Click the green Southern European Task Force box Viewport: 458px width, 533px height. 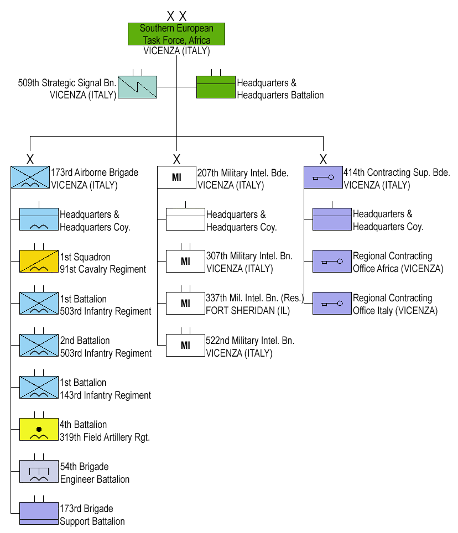[x=176, y=34]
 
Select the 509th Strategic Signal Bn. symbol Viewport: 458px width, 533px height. [x=137, y=87]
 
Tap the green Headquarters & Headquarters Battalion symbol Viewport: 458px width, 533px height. [x=216, y=87]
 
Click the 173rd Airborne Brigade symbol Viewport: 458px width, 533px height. [x=30, y=177]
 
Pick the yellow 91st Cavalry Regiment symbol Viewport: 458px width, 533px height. [x=39, y=262]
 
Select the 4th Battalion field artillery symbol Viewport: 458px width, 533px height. [x=39, y=430]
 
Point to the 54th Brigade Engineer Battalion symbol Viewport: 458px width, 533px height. [x=39, y=472]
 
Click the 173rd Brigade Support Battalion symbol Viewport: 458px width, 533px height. [x=39, y=513]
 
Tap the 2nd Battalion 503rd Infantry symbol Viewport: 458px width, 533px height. [x=39, y=346]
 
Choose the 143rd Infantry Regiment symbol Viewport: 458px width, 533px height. [x=39, y=387]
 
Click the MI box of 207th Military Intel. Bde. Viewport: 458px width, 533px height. [x=176, y=177]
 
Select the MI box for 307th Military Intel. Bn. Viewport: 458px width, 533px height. [x=185, y=262]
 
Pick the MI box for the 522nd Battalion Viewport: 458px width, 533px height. [x=185, y=346]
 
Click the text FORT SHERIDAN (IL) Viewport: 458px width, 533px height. [x=239, y=310]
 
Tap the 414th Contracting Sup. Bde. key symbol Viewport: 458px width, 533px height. [x=323, y=177]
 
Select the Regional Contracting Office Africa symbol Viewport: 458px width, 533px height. [x=332, y=262]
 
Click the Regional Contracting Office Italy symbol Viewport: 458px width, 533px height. [x=332, y=304]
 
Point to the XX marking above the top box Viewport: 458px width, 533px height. [x=176, y=17]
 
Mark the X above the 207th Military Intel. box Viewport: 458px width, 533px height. [x=176, y=160]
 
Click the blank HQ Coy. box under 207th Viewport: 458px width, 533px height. [x=185, y=220]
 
